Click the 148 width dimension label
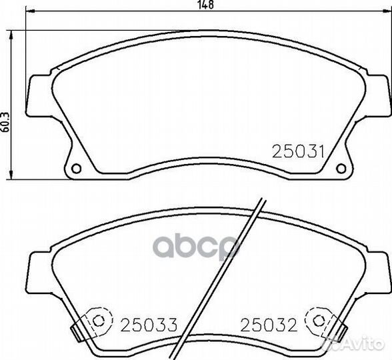pyautogui.click(x=206, y=5)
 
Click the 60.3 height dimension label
pyautogui.click(x=5, y=122)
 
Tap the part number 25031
pyautogui.click(x=298, y=151)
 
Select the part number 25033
pyautogui.click(x=149, y=325)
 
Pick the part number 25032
pyautogui.click(x=269, y=325)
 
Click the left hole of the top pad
pyautogui.click(x=76, y=168)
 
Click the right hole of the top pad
pyautogui.click(x=341, y=168)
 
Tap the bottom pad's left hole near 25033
pyautogui.click(x=98, y=321)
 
